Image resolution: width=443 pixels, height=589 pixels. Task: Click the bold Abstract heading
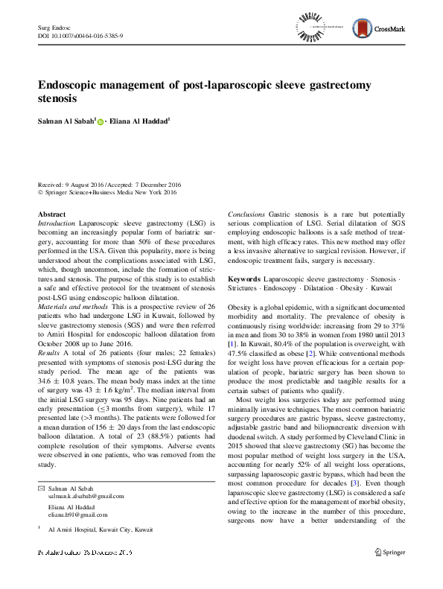coord(51,214)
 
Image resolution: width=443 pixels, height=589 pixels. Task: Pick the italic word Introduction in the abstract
coord(56,223)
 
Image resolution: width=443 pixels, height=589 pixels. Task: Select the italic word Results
coord(48,372)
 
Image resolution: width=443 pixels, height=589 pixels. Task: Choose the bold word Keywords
coord(244,278)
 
